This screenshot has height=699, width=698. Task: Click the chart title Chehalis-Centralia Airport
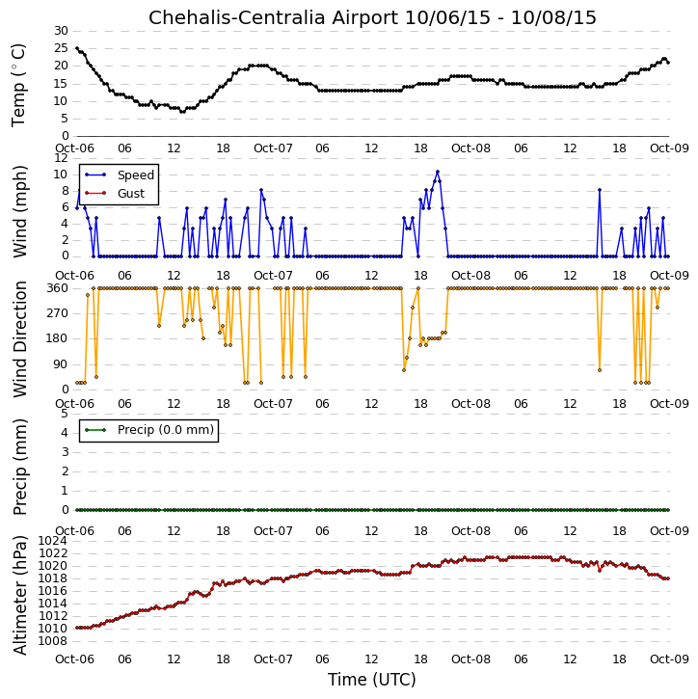pyautogui.click(x=273, y=17)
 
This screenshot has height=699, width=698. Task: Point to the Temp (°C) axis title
pyautogui.click(x=18, y=85)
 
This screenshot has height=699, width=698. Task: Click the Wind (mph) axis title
pyautogui.click(x=19, y=211)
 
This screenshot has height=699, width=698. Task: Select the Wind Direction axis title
pyautogui.click(x=19, y=339)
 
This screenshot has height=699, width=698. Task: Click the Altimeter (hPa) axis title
pyautogui.click(x=19, y=595)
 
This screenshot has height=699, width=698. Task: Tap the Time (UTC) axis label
pyautogui.click(x=372, y=680)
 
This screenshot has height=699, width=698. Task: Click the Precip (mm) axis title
pyautogui.click(x=19, y=467)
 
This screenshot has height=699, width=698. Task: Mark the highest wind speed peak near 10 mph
pyautogui.click(x=438, y=172)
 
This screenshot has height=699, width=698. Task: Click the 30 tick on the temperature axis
pyautogui.click(x=61, y=31)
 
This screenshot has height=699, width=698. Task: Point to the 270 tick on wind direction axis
pyautogui.click(x=58, y=313)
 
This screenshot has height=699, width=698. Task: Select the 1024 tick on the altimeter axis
pyautogui.click(x=53, y=541)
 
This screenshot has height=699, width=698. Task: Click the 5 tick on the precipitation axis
pyautogui.click(x=65, y=414)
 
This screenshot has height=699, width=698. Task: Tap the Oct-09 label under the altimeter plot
pyautogui.click(x=669, y=659)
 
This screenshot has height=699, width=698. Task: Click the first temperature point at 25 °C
pyautogui.click(x=77, y=48)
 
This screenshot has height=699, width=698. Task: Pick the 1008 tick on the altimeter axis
pyautogui.click(x=53, y=641)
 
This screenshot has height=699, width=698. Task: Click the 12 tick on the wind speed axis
pyautogui.click(x=61, y=158)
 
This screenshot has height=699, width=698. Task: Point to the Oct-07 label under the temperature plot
pyautogui.click(x=273, y=148)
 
